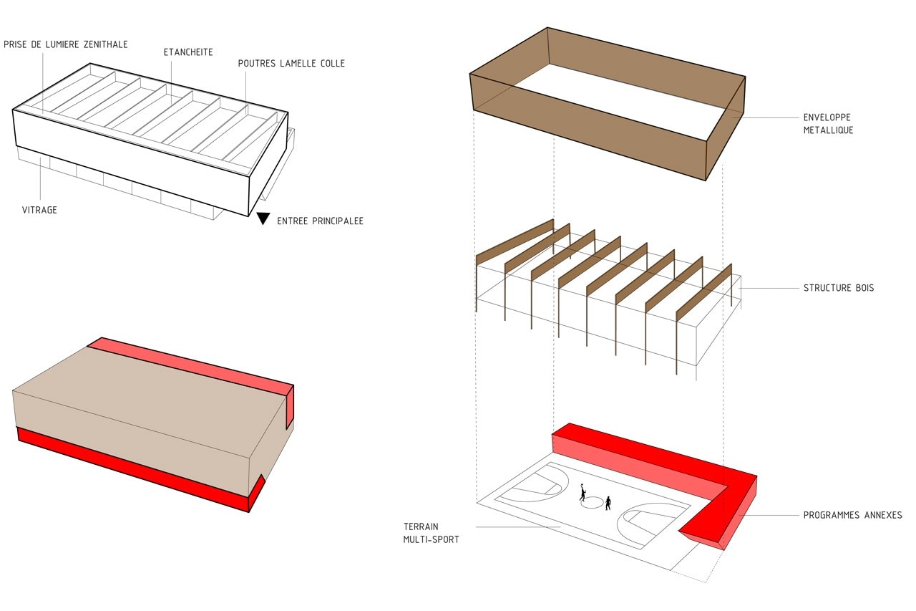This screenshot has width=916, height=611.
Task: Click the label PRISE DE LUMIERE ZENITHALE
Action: [x=66, y=44]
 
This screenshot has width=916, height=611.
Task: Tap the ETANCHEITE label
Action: [x=188, y=52]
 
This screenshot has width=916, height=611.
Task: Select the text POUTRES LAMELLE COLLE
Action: [x=291, y=64]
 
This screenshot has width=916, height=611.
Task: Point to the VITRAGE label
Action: [x=39, y=210]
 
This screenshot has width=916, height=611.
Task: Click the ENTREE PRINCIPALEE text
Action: [x=320, y=221]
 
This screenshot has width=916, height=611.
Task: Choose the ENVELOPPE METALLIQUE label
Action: [x=828, y=123]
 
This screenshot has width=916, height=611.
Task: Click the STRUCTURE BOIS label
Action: [x=838, y=288]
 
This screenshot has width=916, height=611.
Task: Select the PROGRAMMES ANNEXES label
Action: [x=852, y=515]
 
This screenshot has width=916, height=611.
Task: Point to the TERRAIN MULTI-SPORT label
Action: [x=431, y=533]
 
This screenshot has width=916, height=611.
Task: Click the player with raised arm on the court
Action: [x=583, y=493]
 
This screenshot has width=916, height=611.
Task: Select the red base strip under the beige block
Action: [x=129, y=466]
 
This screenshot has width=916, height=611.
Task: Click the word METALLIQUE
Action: [x=828, y=130]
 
